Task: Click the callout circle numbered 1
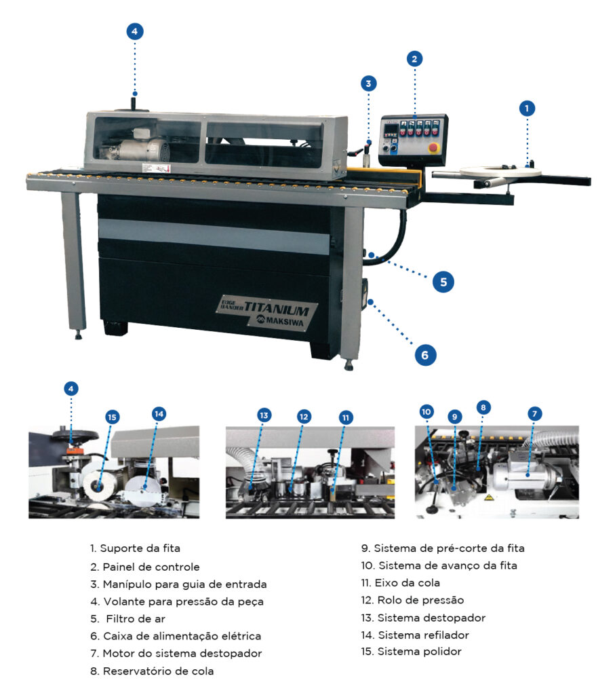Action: tap(526, 108)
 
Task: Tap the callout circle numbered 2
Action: tap(414, 58)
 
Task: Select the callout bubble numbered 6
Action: tap(425, 354)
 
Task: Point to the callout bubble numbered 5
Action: tap(443, 282)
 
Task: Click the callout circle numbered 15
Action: tap(112, 417)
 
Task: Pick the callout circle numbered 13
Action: tap(264, 415)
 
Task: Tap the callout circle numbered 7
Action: tap(534, 413)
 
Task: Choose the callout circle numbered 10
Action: tap(426, 412)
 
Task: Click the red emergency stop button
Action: tap(433, 147)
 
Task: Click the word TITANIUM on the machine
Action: tap(276, 308)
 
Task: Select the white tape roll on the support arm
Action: tap(500, 172)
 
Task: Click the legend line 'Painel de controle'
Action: tap(145, 567)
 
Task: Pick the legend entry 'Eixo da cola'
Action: tap(400, 583)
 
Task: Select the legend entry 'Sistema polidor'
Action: tap(411, 652)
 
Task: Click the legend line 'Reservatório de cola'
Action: tap(152, 671)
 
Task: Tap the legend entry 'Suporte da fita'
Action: tap(135, 548)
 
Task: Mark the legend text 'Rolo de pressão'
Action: tap(412, 600)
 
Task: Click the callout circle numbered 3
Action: tap(368, 83)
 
